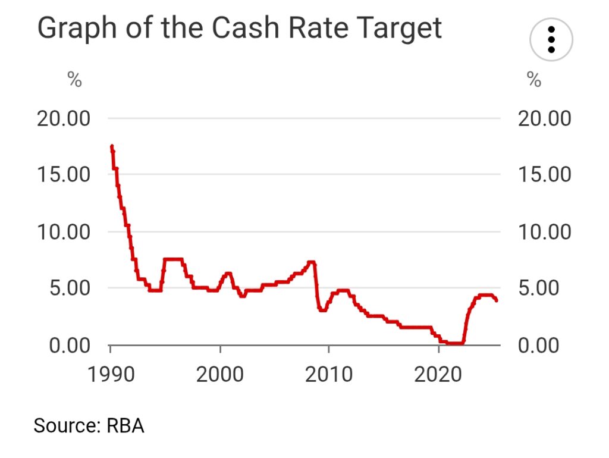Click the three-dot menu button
pyautogui.click(x=551, y=40)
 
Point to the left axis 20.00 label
pyautogui.click(x=64, y=118)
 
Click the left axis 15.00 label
pyautogui.click(x=64, y=175)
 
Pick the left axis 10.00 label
pyautogui.click(x=64, y=231)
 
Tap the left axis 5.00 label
pyautogui.click(x=70, y=288)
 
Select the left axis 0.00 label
pyautogui.click(x=70, y=344)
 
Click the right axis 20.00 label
pyautogui.click(x=544, y=118)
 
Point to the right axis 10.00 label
pyautogui.click(x=544, y=231)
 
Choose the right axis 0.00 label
pyautogui.click(x=539, y=344)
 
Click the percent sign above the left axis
pyautogui.click(x=74, y=80)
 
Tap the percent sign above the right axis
pyautogui.click(x=534, y=80)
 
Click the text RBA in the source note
pyautogui.click(x=125, y=426)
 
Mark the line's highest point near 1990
pyautogui.click(x=111, y=146)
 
